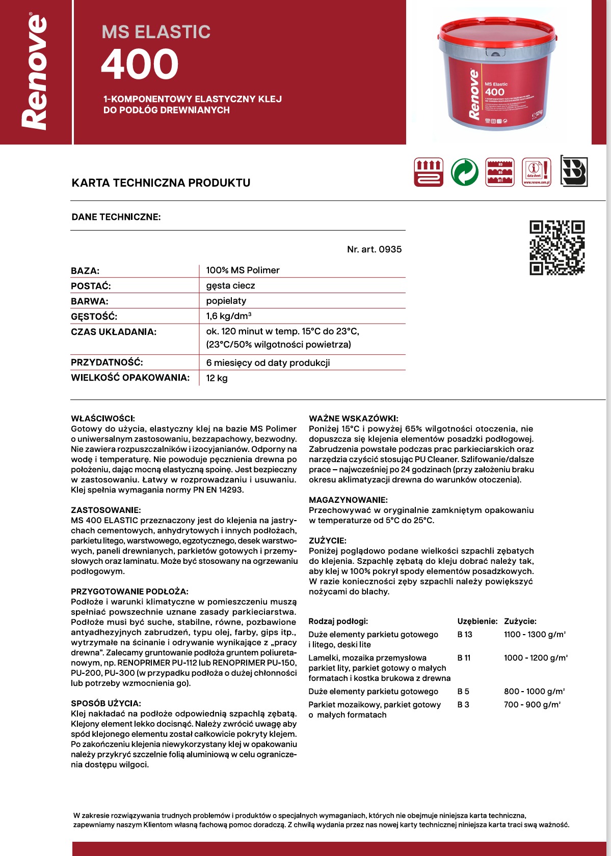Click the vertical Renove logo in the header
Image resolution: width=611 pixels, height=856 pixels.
(x=35, y=71)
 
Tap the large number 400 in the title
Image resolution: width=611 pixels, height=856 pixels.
(x=140, y=65)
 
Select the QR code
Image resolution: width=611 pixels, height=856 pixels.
(x=557, y=248)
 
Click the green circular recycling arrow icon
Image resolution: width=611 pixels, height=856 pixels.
(x=464, y=172)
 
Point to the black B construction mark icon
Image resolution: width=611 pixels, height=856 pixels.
(x=574, y=171)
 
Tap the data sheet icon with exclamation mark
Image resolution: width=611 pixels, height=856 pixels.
(x=537, y=172)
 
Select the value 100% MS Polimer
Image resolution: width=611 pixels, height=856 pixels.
(x=243, y=270)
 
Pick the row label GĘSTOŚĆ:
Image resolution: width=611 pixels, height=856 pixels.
(x=94, y=317)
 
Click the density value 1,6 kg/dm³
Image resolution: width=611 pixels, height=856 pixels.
(x=229, y=316)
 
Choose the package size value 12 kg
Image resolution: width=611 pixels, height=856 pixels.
(x=217, y=378)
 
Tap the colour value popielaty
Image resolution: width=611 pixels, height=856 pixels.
(x=226, y=301)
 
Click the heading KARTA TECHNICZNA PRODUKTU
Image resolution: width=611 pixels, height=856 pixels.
(x=161, y=183)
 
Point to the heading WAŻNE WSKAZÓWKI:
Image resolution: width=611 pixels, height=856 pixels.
(x=354, y=418)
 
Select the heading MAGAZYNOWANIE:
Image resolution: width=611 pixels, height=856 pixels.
(x=348, y=500)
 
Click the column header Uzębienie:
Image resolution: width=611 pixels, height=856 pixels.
(x=477, y=621)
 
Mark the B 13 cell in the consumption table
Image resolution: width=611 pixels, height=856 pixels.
(x=465, y=635)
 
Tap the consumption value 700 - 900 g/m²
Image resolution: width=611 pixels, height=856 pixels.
(x=532, y=705)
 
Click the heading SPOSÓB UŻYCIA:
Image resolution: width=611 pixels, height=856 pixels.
(x=106, y=703)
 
